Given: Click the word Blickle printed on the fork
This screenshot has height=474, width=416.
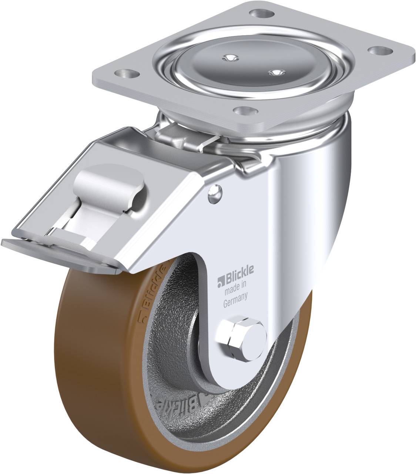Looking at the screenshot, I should click(x=239, y=269).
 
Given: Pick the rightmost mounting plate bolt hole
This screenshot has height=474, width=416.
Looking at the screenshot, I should click(x=378, y=51).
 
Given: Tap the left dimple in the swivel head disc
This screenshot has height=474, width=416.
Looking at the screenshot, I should click(x=230, y=57).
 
